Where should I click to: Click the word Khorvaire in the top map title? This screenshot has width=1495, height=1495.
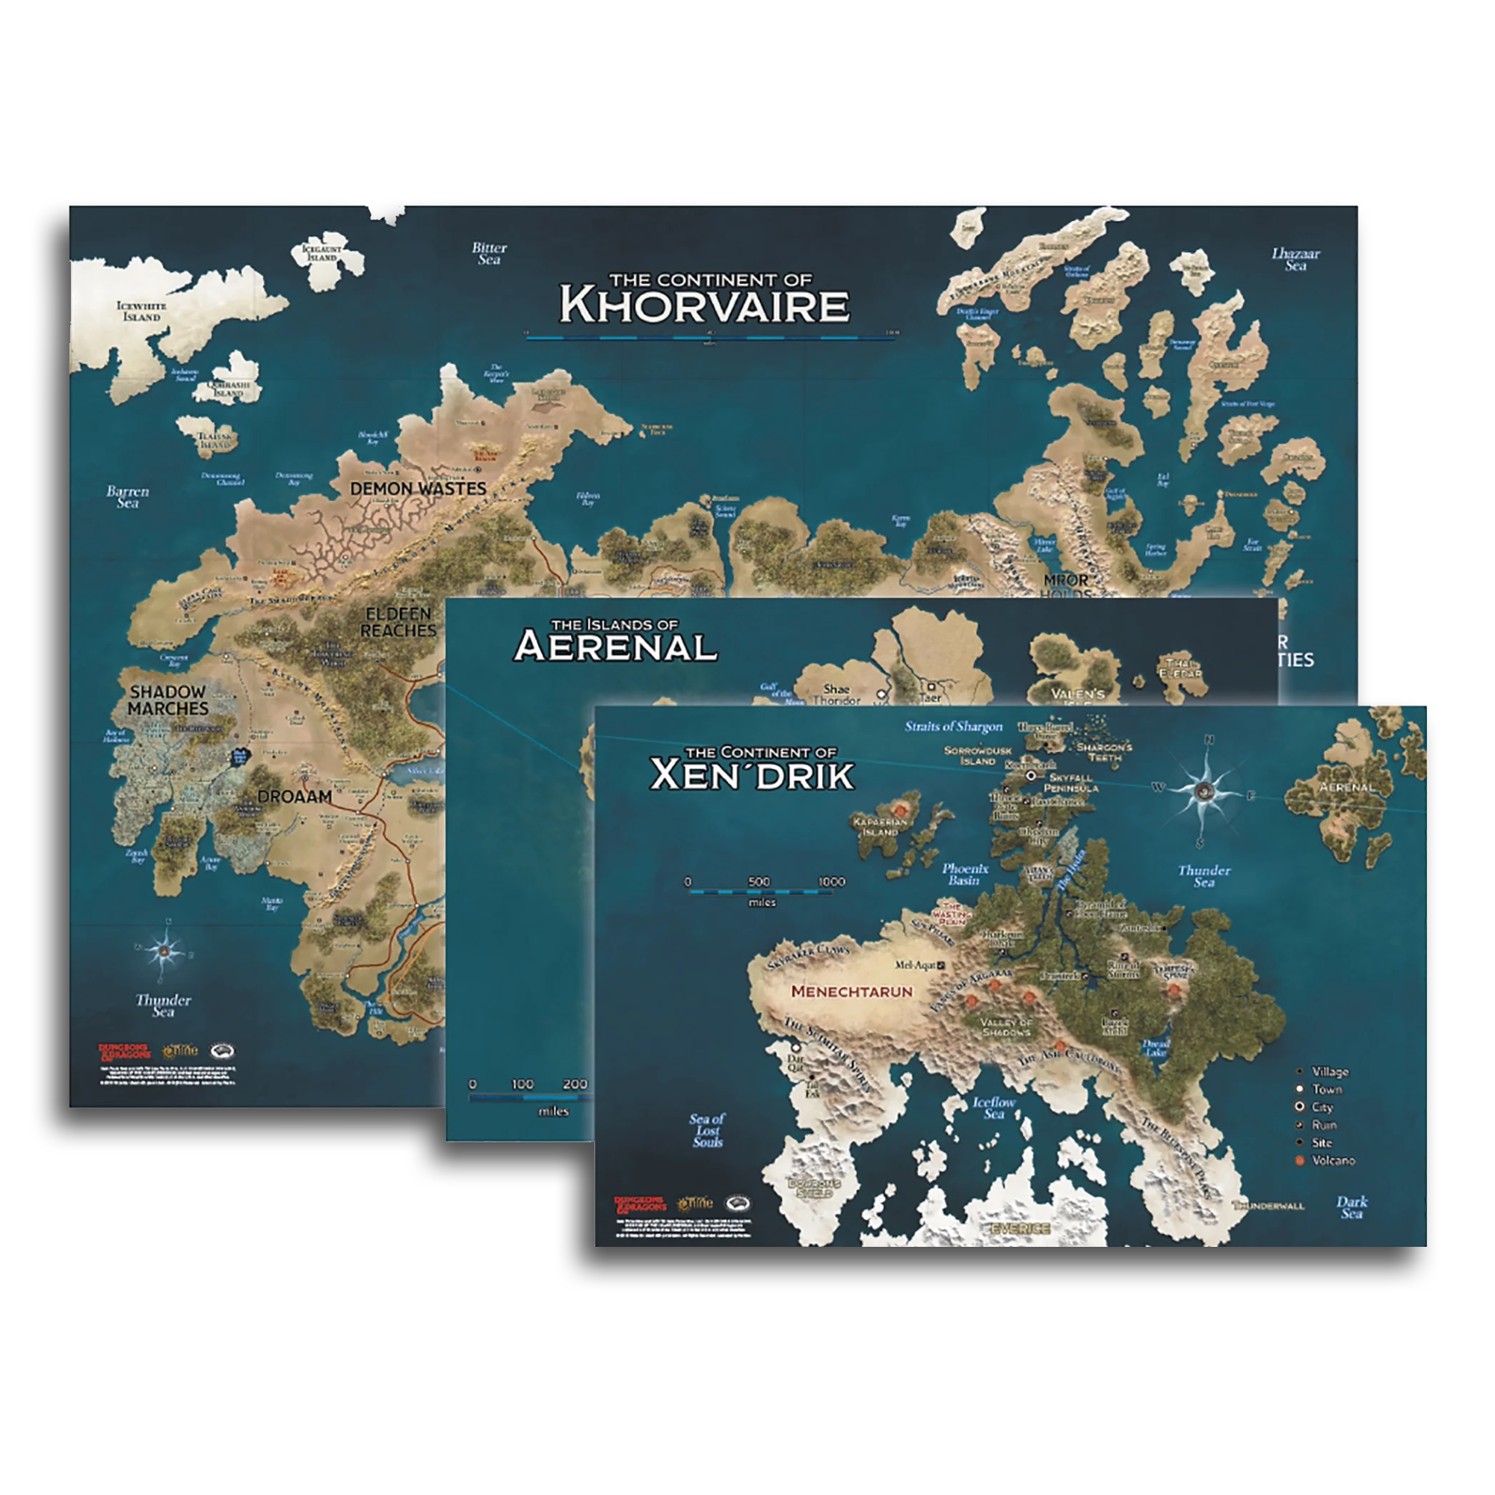click(x=704, y=305)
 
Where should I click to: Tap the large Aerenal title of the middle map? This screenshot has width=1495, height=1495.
click(x=616, y=646)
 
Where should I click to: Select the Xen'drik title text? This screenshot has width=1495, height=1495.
click(x=752, y=774)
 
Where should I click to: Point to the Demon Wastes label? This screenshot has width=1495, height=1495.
click(x=418, y=489)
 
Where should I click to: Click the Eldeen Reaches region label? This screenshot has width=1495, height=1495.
click(x=398, y=623)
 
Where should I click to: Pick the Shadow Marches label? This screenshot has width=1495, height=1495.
click(x=168, y=700)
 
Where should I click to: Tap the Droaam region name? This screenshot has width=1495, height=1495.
click(x=295, y=796)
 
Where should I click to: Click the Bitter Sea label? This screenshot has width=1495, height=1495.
click(x=489, y=254)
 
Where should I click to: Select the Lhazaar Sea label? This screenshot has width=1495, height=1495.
click(x=1295, y=259)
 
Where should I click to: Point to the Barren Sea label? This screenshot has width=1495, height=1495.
click(x=128, y=497)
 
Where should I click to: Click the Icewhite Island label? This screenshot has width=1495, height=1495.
click(x=141, y=311)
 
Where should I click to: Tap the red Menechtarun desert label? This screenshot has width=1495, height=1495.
click(x=852, y=991)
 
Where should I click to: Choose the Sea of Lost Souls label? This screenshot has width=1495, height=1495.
click(x=707, y=1129)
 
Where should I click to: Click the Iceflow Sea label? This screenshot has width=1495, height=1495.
click(x=993, y=1107)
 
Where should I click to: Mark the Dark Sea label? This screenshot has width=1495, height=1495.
click(x=1351, y=1207)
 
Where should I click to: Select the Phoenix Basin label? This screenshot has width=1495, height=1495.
click(x=965, y=875)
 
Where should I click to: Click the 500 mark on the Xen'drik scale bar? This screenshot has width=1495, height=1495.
click(x=759, y=882)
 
